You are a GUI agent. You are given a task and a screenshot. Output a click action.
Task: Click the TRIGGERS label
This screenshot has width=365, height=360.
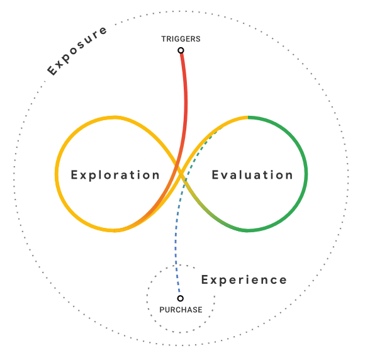181,39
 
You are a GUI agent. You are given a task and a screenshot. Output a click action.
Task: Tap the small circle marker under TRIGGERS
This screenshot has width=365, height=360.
181,50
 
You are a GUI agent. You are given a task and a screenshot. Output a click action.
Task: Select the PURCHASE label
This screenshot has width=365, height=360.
181,310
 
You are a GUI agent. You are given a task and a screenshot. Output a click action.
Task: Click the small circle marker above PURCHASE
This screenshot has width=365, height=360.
181,298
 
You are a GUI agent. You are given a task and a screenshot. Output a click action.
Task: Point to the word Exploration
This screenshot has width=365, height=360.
115,175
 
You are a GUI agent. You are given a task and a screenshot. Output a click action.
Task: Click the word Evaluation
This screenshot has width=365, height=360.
252,175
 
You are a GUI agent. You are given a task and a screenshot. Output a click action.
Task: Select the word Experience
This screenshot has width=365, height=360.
244,280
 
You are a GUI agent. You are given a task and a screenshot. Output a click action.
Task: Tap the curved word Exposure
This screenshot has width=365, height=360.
77,51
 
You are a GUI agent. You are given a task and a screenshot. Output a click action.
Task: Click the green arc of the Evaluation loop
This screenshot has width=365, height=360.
306,174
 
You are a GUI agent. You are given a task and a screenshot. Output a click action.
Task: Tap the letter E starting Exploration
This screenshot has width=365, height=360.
74,175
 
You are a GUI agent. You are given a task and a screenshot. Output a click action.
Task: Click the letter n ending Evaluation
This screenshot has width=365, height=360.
289,176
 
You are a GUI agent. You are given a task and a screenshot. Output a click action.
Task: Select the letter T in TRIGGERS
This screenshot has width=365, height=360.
164,39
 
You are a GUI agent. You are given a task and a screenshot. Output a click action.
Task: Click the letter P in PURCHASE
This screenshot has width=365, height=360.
162,310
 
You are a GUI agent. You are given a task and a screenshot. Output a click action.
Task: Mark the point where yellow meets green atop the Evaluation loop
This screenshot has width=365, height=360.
248,118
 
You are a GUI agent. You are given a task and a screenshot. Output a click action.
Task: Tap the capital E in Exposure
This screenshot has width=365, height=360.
52,70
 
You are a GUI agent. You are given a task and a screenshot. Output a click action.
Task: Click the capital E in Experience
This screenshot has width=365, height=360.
205,279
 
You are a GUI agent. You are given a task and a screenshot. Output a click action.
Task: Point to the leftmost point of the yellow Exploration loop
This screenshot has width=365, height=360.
57,174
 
